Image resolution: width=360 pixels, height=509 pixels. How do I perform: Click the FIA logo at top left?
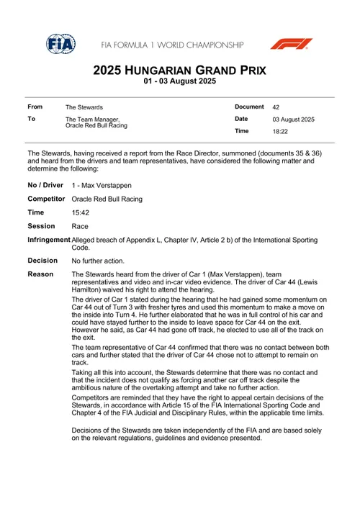pos(61,44)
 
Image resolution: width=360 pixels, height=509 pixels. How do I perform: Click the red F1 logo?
pos(291,44)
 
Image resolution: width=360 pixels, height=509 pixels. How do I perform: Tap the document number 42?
pos(276,107)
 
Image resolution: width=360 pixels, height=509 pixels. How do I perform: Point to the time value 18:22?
pos(280,132)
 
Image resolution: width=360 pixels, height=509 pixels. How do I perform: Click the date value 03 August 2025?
pos(293,119)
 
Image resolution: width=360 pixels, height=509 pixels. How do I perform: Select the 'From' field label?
pos(35,107)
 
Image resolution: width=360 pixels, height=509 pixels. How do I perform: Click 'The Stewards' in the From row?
pos(84,107)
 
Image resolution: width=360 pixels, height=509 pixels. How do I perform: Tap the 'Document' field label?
pos(250,107)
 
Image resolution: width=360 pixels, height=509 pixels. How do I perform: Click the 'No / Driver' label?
pos(46,185)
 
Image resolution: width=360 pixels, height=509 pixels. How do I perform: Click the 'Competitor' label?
pos(47,199)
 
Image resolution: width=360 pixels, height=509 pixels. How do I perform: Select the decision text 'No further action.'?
pos(98,261)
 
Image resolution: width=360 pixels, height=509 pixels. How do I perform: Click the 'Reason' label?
pos(40,274)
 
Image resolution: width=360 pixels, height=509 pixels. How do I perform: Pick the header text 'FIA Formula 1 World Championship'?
pos(173,45)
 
